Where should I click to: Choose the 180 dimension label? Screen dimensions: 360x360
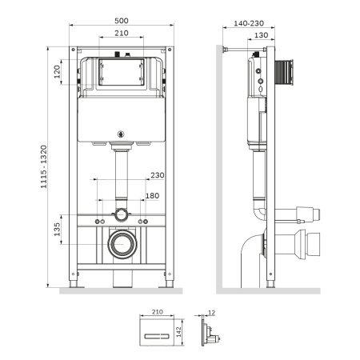(152, 196)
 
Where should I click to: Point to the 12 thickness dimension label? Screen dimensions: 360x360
(211, 314)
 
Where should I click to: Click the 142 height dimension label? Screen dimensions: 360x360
(179, 330)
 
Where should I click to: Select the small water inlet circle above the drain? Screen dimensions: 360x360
(121, 215)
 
